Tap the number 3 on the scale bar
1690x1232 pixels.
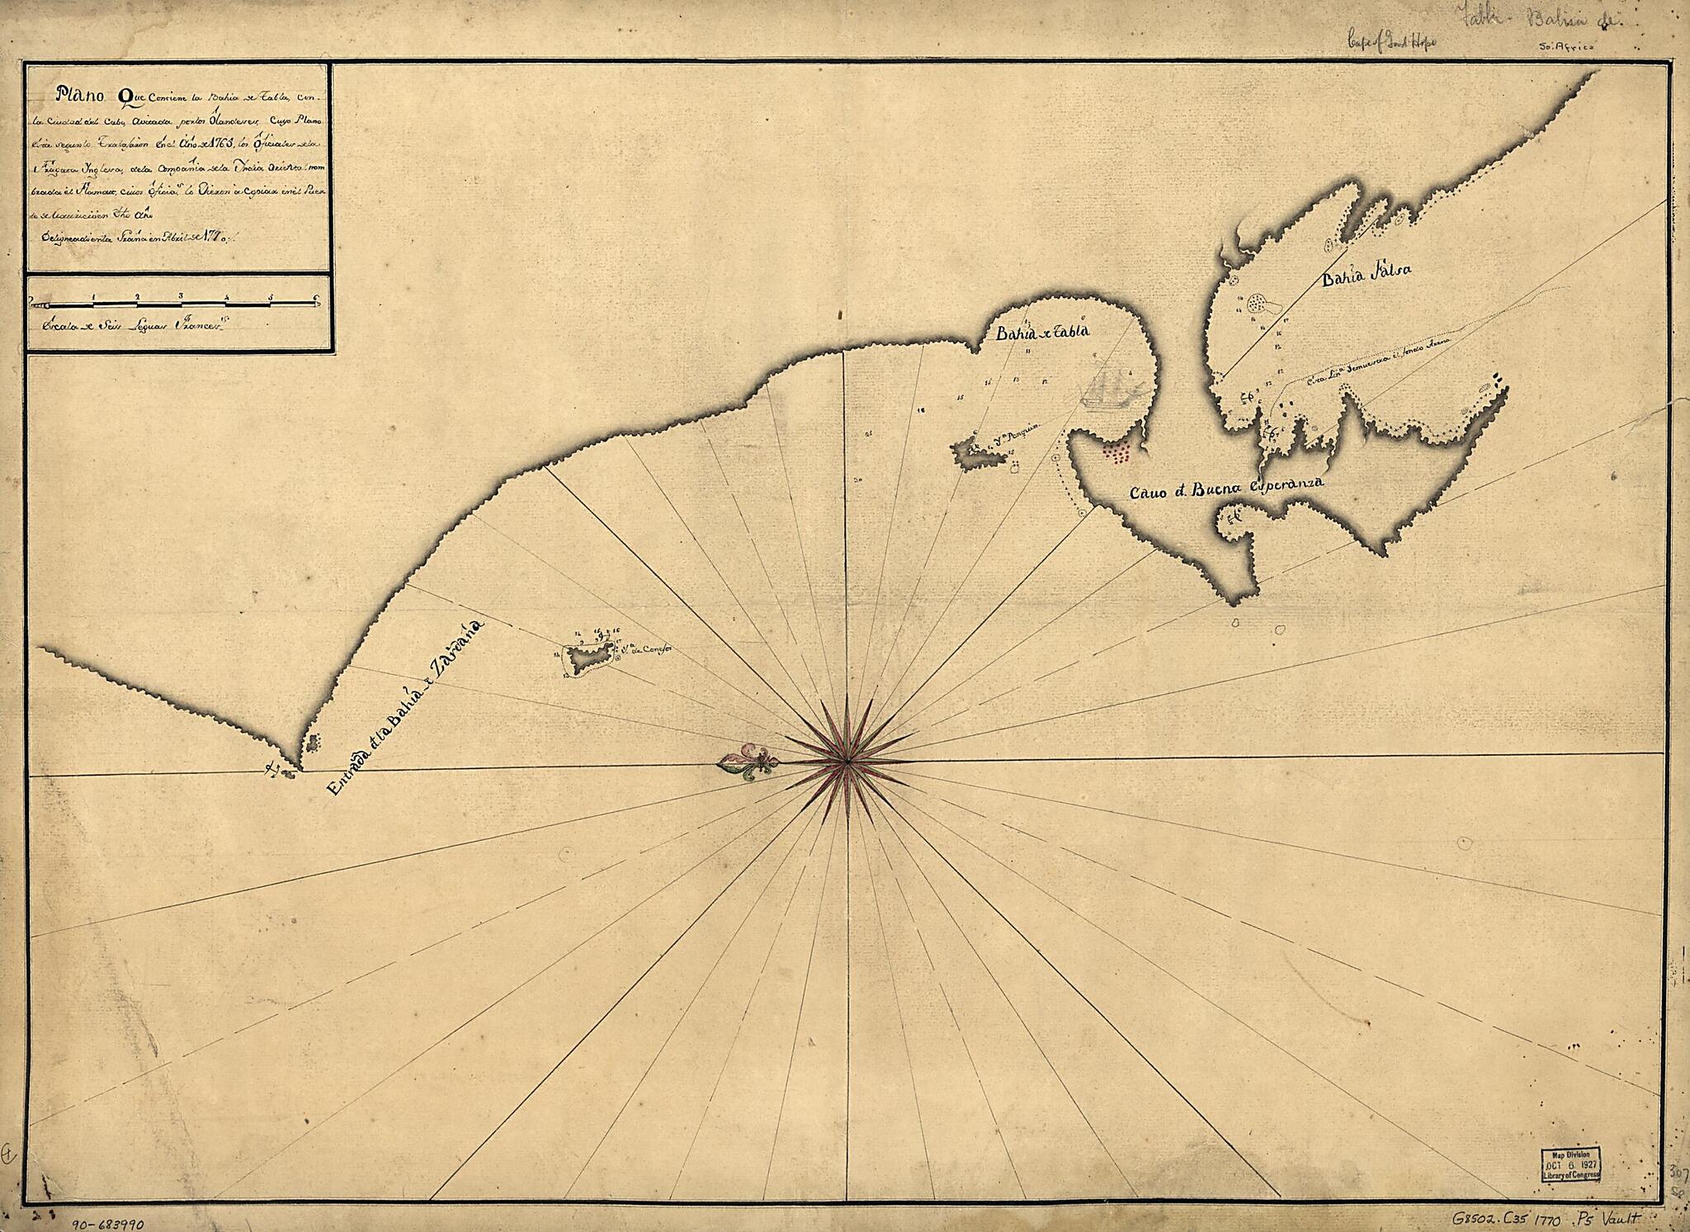pyautogui.click(x=180, y=295)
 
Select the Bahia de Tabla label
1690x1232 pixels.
pyautogui.click(x=1032, y=332)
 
